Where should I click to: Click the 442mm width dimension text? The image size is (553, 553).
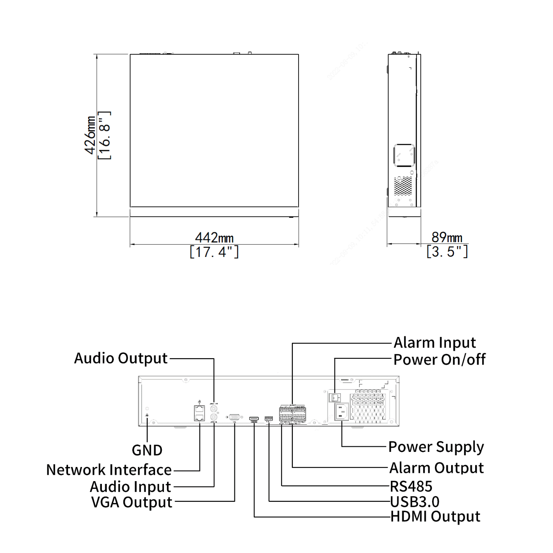tap(214, 238)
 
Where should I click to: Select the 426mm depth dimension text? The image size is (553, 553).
tap(90, 135)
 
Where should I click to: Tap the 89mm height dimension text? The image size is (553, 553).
tap(447, 237)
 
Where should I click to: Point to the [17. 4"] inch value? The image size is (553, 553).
tap(214, 252)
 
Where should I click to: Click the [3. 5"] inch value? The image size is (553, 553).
tap(447, 252)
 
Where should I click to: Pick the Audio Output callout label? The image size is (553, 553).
tap(121, 358)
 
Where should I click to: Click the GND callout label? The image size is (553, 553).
tap(147, 450)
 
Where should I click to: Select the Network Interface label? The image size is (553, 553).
tap(109, 470)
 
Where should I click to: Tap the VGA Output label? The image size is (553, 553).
tap(131, 502)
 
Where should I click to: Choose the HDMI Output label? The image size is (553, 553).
tap(435, 517)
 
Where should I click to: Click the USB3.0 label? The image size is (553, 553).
tap(415, 502)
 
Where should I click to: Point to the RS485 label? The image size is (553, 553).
tap(411, 486)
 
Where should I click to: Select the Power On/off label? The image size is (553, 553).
tap(439, 360)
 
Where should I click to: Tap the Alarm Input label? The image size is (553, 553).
tap(435, 343)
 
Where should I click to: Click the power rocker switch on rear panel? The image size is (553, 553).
tap(334, 398)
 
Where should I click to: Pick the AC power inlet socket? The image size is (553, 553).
tap(341, 412)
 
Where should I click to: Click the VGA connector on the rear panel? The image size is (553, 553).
tap(234, 417)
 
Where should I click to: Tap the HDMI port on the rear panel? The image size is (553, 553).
tap(254, 419)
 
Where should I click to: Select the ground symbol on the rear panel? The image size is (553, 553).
tap(147, 416)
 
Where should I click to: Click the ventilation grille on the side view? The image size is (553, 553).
tap(403, 185)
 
